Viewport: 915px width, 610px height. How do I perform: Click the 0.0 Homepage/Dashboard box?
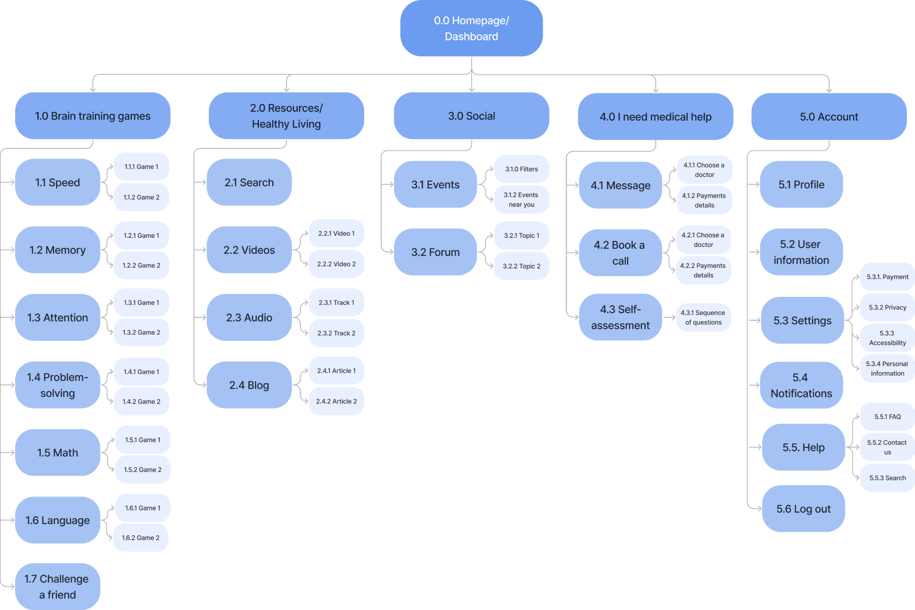[471, 28]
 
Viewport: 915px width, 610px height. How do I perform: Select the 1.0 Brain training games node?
[92, 116]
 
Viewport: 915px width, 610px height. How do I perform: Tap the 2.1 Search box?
[249, 182]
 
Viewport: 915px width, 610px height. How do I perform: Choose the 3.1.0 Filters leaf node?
[521, 169]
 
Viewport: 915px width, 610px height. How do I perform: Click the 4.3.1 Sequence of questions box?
[703, 318]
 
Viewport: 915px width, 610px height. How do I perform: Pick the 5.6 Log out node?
[803, 509]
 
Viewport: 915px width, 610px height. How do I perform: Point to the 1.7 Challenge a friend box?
[57, 586]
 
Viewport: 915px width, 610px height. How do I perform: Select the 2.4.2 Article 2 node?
[336, 401]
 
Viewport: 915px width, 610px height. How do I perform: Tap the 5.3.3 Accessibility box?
[887, 338]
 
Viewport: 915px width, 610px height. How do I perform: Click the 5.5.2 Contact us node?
[887, 447]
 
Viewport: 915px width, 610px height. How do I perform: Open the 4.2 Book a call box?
[620, 253]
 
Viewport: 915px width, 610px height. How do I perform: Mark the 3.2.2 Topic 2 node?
[521, 266]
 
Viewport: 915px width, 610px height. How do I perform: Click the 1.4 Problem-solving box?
[57, 385]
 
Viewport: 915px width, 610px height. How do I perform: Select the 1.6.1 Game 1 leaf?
[142, 508]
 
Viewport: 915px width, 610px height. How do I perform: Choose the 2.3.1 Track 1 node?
[336, 302]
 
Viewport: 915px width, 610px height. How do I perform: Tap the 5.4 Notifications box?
[801, 385]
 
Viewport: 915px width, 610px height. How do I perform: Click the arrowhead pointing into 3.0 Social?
[471, 89]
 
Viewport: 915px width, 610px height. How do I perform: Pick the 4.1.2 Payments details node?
[704, 200]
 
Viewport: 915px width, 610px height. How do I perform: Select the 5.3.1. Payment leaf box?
[887, 277]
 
